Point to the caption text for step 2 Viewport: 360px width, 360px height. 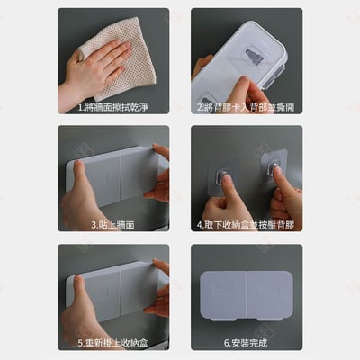point(246,105)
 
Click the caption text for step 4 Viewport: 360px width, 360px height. point(246,224)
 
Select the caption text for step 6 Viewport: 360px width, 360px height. point(246,343)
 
